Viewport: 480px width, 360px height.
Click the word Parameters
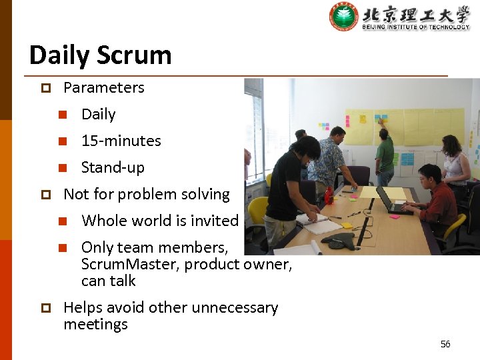[x=103, y=87]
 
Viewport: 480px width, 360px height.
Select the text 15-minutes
[x=121, y=141]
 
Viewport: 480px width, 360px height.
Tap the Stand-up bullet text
[x=113, y=167]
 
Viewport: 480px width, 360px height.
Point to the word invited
[x=215, y=221]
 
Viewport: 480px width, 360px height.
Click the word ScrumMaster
[x=129, y=264]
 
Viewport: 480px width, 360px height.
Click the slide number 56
[x=445, y=344]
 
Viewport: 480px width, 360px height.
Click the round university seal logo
[x=343, y=17]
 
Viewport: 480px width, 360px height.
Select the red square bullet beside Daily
[x=63, y=115]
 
